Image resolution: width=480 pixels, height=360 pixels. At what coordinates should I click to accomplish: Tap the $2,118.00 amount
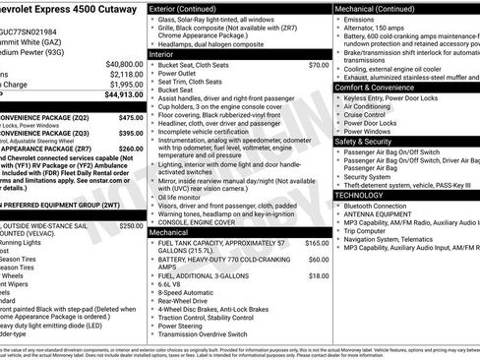point(125,74)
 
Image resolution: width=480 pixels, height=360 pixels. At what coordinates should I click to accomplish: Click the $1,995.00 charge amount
point(125,85)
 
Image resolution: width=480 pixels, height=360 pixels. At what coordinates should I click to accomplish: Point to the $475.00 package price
point(131,117)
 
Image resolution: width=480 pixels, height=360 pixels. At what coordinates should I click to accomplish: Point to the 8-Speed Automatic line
point(189,292)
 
